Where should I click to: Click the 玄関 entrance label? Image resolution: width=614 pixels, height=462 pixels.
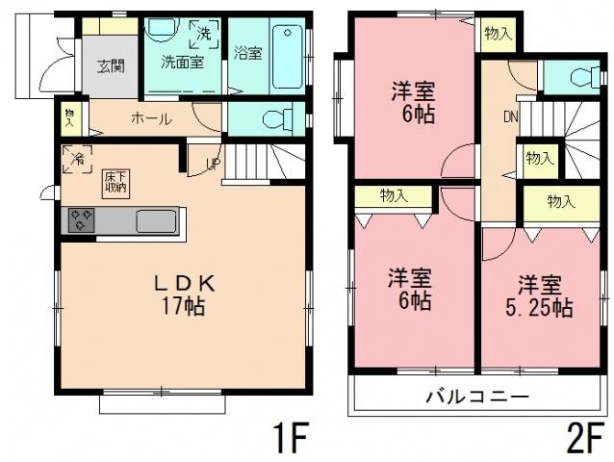[111, 66]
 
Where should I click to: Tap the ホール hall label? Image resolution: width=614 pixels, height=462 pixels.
[151, 119]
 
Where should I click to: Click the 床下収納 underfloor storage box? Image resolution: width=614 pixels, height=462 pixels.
[115, 181]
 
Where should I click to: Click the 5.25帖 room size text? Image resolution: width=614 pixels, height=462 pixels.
[541, 309]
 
